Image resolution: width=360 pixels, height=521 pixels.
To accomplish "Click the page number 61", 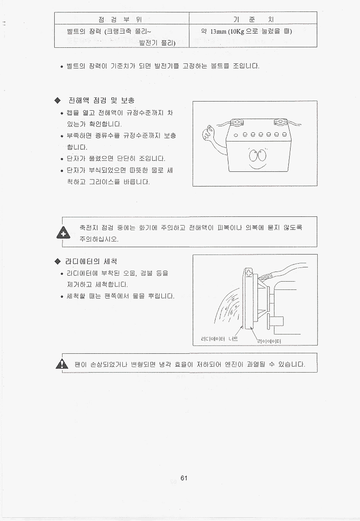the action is pyautogui.click(x=184, y=478).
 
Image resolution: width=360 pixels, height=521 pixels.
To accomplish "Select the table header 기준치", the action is pyautogui.click(x=253, y=19).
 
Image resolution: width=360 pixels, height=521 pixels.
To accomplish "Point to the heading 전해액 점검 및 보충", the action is pyautogui.click(x=102, y=100).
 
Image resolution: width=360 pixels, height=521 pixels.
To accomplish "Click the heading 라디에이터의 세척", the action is pyautogui.click(x=91, y=261).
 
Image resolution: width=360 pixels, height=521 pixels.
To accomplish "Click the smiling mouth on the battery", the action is pyautogui.click(x=257, y=165).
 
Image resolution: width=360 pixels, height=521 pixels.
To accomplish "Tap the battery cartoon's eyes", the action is pyautogui.click(x=257, y=154).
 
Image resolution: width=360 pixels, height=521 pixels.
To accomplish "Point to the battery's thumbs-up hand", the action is pyautogui.click(x=208, y=133).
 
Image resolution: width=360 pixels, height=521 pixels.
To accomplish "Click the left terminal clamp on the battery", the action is pyautogui.click(x=237, y=122).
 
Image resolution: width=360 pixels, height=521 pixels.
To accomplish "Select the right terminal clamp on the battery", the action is pyautogui.click(x=280, y=122).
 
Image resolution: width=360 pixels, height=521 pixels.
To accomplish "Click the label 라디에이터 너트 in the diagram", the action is pyautogui.click(x=219, y=339).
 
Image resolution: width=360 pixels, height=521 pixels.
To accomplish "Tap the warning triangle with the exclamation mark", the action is pyautogui.click(x=62, y=364).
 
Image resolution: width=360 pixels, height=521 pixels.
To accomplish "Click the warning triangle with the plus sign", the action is pyautogui.click(x=63, y=232).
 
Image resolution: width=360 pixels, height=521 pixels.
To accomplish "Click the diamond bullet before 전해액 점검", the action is pyautogui.click(x=58, y=100).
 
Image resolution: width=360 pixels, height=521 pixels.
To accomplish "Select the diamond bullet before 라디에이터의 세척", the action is pyautogui.click(x=58, y=261).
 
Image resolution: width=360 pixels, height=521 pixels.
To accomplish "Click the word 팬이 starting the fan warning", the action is pyautogui.click(x=81, y=364).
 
